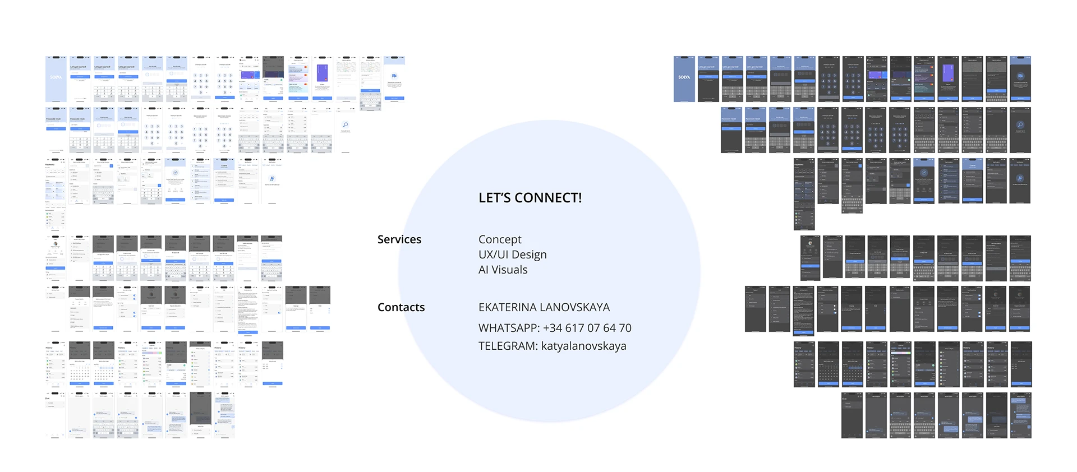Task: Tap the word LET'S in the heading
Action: [x=494, y=198]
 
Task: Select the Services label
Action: [x=399, y=239]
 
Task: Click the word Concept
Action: [x=500, y=239]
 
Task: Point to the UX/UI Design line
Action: [x=512, y=254]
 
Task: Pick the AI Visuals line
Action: [x=503, y=270]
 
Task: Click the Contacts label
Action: [x=401, y=307]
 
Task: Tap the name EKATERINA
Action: [x=508, y=307]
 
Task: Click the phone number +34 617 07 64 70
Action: [x=587, y=328]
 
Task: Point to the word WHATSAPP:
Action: [x=509, y=328]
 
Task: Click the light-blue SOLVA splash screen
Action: [x=56, y=78]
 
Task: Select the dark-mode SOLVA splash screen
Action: [x=684, y=78]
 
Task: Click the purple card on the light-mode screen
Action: [x=322, y=73]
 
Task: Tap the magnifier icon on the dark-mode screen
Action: [x=1020, y=125]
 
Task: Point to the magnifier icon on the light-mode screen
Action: [x=346, y=125]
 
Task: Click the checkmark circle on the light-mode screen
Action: [x=176, y=173]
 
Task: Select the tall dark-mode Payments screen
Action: [x=804, y=194]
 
